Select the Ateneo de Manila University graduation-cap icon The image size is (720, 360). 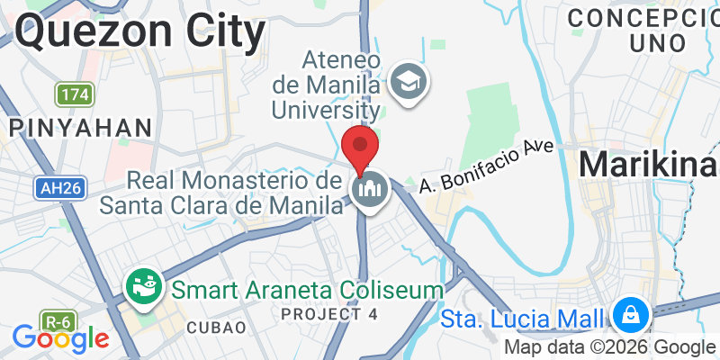[x=409, y=85]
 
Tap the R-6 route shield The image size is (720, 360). [x=58, y=319]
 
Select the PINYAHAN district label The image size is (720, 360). [x=80, y=127]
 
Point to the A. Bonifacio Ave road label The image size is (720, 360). [x=485, y=163]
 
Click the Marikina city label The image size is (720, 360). [x=648, y=164]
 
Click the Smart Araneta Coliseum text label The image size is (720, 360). [x=309, y=290]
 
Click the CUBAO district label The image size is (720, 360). [x=215, y=328]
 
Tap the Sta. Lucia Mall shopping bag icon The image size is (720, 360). [x=633, y=316]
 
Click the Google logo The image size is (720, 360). [x=60, y=338]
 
